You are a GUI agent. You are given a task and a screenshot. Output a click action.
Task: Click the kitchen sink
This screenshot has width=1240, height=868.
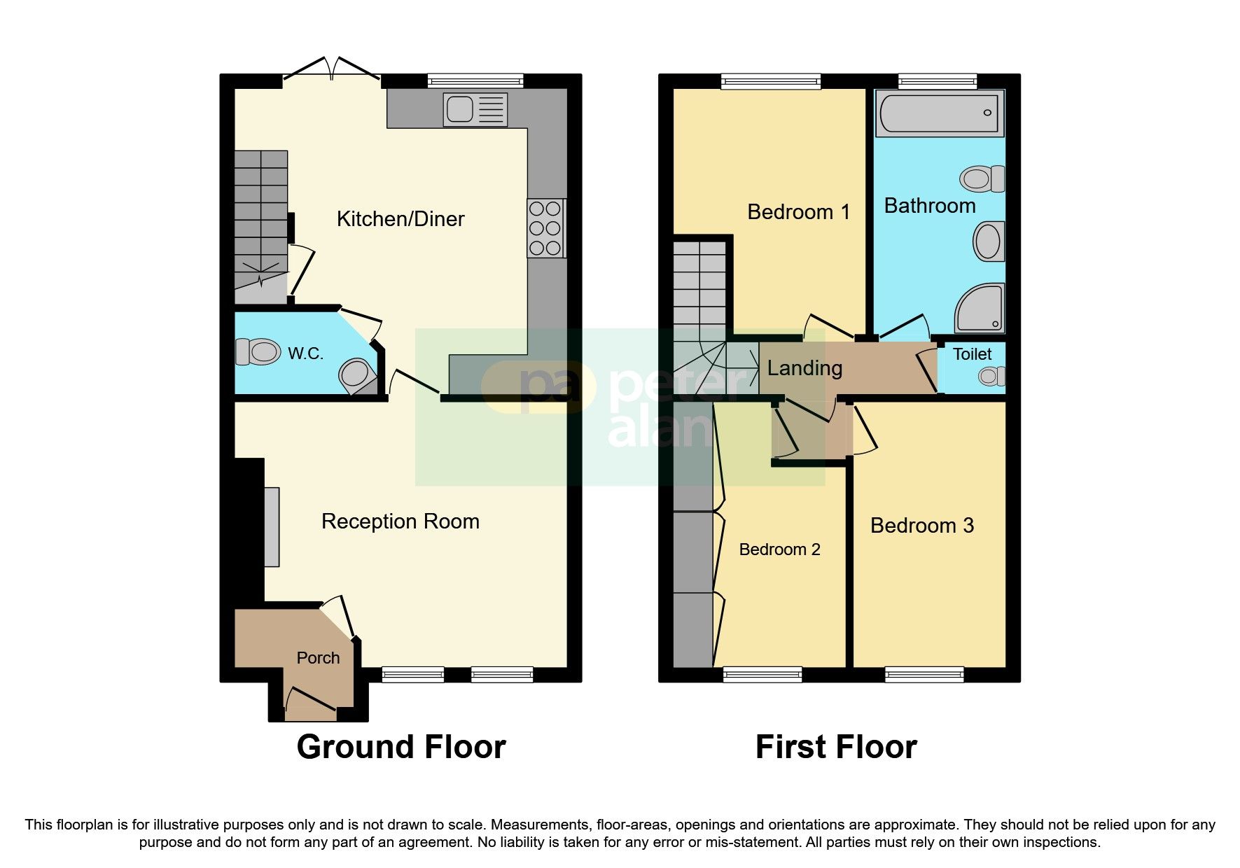[475, 110]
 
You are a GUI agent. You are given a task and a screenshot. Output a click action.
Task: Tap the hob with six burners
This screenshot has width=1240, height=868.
[545, 228]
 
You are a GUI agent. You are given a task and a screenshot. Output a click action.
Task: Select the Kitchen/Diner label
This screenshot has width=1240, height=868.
[400, 219]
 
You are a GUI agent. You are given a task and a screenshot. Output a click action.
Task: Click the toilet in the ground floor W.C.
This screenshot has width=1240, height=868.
[257, 351]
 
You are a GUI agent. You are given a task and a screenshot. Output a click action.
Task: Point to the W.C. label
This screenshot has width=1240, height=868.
[306, 354]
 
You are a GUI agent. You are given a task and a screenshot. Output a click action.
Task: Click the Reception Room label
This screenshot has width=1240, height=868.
[400, 521]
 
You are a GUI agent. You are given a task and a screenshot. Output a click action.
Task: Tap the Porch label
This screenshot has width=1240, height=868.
[318, 658]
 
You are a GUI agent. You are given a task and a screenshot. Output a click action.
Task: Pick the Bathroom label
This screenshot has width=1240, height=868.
[930, 206]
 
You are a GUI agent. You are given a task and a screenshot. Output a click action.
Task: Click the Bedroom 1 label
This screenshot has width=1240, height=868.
[799, 212]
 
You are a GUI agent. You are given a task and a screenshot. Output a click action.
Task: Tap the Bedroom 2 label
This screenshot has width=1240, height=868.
[779, 549]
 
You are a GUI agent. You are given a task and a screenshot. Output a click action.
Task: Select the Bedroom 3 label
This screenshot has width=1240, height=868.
[922, 526]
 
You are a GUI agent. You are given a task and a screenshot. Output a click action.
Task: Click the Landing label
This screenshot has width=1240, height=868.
[804, 368]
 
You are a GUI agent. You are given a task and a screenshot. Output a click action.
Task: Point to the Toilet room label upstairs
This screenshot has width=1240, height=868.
[973, 354]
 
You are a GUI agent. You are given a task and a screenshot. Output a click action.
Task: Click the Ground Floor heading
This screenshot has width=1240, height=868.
[401, 747]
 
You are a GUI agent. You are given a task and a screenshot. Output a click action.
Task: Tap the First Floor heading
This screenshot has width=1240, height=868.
[836, 747]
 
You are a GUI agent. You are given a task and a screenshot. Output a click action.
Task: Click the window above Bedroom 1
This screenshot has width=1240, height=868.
[771, 81]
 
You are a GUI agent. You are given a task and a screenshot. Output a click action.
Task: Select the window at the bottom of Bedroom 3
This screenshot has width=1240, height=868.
[924, 675]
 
